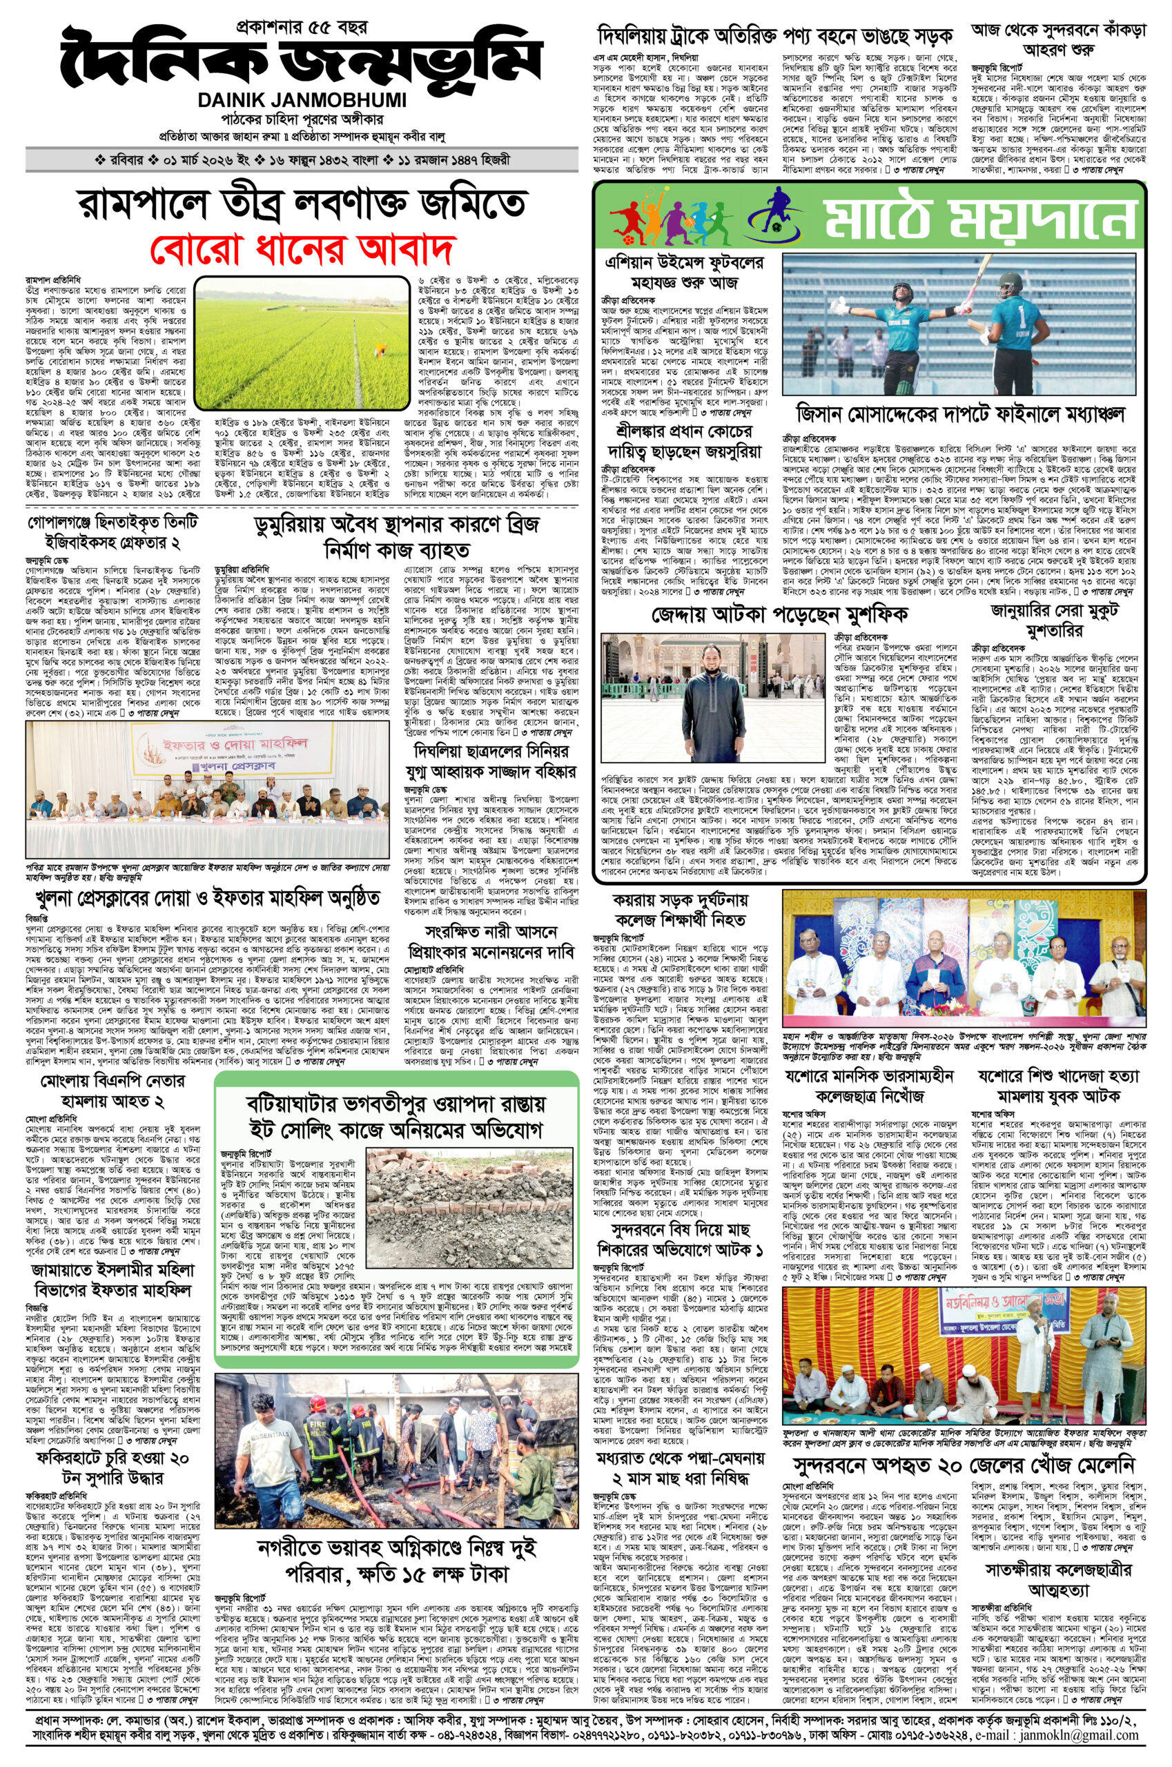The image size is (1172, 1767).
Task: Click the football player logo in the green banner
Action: click(x=777, y=214)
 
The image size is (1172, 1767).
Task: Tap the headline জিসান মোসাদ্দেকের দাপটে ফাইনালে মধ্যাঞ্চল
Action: click(x=964, y=413)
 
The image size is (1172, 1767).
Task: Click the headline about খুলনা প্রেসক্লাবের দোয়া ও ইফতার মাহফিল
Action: click(x=204, y=897)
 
